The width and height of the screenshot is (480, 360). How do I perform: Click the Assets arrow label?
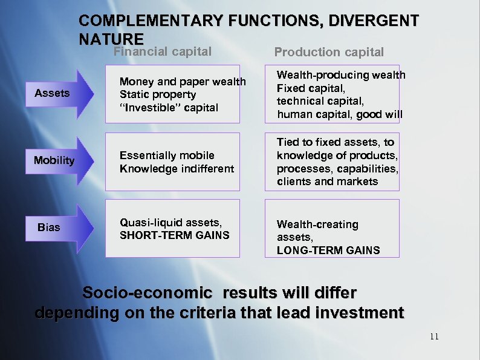[x=52, y=93]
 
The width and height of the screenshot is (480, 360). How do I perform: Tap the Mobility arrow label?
[x=54, y=160]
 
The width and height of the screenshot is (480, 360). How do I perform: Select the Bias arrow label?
[x=49, y=227]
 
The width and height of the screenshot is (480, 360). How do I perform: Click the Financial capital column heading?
[x=163, y=52]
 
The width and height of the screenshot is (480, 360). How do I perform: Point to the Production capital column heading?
[x=329, y=53]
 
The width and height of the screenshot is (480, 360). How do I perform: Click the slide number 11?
[x=434, y=337]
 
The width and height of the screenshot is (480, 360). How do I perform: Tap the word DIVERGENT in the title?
[x=373, y=21]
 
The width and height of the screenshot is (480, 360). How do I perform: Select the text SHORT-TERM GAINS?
[x=175, y=235]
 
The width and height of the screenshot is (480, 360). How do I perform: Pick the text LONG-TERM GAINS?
[x=328, y=250]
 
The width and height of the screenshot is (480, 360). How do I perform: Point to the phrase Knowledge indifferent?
[x=177, y=169]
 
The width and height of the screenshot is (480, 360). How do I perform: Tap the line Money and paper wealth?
[x=183, y=82]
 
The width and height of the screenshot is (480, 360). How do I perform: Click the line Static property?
[x=158, y=94]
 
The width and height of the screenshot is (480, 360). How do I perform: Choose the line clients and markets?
[x=327, y=182]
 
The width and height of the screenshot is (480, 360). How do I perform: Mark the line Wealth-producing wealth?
[x=341, y=75]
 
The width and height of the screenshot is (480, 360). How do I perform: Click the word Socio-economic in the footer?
[x=147, y=293]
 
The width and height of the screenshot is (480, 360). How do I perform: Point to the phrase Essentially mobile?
[x=167, y=155]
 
